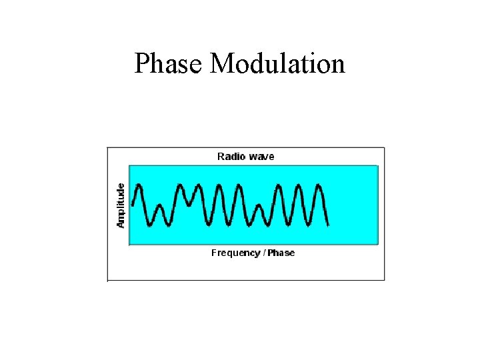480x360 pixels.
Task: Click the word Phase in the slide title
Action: pos(169,64)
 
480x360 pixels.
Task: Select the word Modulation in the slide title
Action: pos(278,64)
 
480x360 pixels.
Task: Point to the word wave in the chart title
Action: pos(261,157)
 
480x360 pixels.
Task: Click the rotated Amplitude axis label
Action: pos(121,205)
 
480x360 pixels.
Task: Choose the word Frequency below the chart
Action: pos(236,253)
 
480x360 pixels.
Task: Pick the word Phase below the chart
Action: pos(281,253)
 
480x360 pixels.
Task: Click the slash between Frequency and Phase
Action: pos(264,253)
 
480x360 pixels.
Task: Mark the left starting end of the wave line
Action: pos(133,204)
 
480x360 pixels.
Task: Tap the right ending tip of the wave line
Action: pos(329,226)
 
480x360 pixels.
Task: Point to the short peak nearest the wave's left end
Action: pos(159,207)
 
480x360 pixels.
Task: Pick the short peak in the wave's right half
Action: pos(260,207)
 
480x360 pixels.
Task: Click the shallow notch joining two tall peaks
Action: pos(189,204)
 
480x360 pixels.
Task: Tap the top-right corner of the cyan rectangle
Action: pos(378,165)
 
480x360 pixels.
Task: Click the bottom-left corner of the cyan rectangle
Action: pos(129,245)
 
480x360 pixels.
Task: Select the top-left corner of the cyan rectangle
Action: pos(129,165)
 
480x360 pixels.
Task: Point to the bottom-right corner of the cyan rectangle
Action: pos(378,245)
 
